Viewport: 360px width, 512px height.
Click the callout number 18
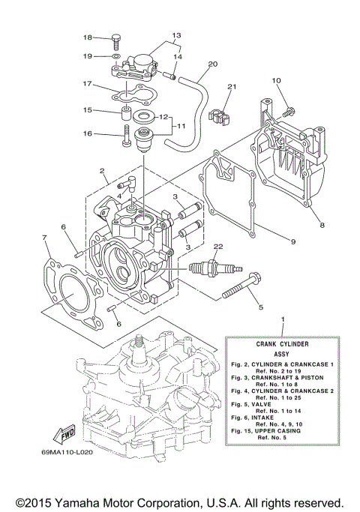click(87, 37)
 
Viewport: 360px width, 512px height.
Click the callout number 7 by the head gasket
click(46, 238)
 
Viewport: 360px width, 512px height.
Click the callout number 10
click(276, 80)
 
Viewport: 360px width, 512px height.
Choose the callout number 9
click(292, 241)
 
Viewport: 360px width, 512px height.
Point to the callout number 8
click(322, 224)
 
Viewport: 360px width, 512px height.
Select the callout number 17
click(87, 84)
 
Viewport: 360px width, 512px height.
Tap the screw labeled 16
click(124, 136)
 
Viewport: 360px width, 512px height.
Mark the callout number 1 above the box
click(282, 320)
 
